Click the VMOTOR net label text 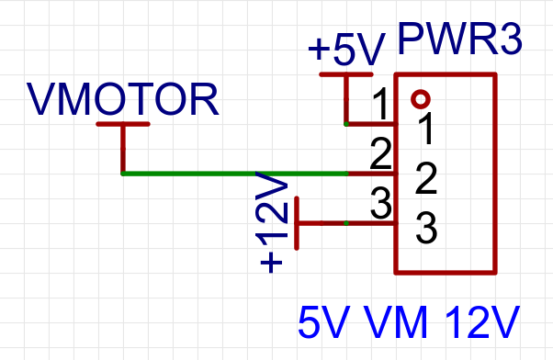point(123,99)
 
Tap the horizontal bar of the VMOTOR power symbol point(123,123)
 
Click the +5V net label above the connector point(346,51)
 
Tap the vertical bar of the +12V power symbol point(298,222)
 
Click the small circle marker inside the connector point(421,98)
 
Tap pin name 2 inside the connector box point(424,179)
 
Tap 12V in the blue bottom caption point(482,323)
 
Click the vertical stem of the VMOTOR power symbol point(123,148)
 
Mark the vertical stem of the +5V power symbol point(346,98)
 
